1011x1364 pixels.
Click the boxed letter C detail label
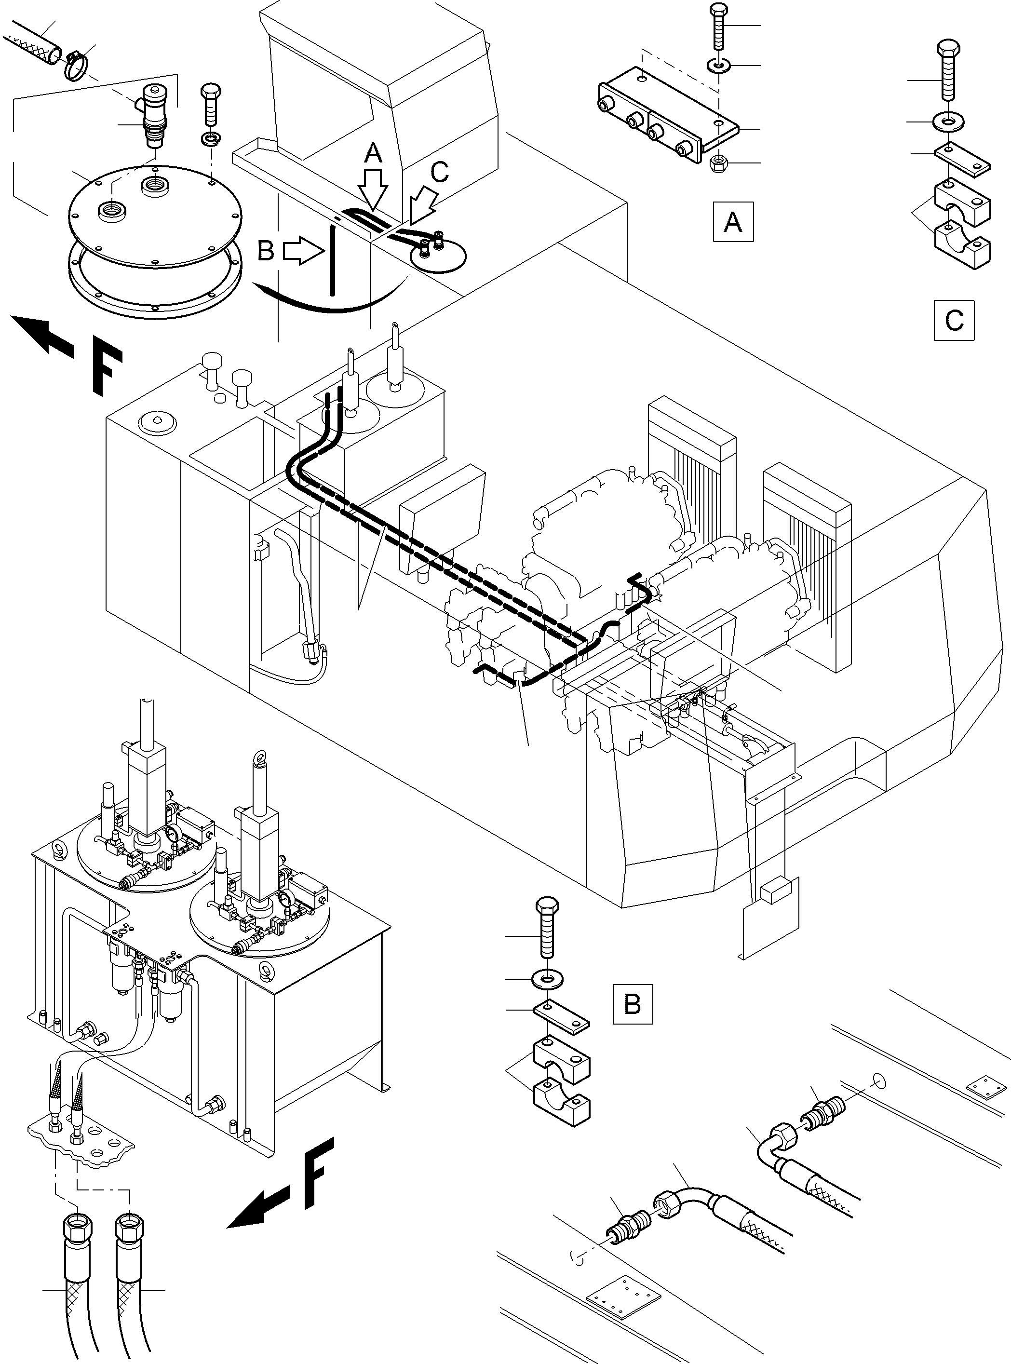tap(954, 320)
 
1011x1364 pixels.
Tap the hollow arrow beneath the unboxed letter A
tap(373, 187)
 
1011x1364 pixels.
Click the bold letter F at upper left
tap(108, 371)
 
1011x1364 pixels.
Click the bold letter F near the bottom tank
tap(318, 1174)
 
